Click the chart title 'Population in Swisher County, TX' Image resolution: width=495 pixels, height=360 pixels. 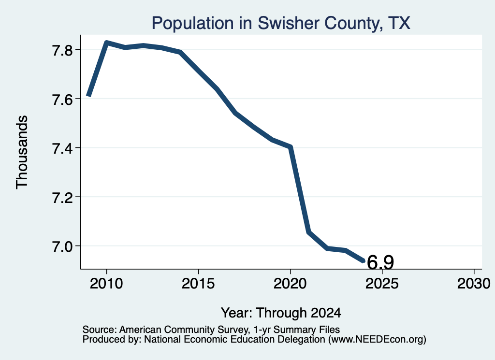[x=281, y=23]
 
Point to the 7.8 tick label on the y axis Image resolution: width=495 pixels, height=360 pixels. [x=63, y=50]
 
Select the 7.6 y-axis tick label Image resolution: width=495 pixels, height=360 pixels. [x=63, y=99]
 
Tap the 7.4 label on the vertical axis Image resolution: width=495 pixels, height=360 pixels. [x=63, y=148]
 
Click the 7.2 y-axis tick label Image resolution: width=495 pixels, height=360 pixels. [x=63, y=197]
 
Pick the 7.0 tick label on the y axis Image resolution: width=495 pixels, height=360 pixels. [x=63, y=246]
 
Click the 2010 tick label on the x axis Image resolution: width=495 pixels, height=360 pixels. [x=106, y=283]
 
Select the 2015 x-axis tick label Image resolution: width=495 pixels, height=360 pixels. [x=198, y=283]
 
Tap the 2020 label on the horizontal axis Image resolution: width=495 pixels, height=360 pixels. [x=290, y=283]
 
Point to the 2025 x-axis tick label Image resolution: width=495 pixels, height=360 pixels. [x=382, y=283]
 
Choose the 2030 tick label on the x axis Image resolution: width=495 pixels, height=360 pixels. [x=474, y=283]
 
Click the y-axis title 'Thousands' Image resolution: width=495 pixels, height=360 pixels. [x=22, y=152]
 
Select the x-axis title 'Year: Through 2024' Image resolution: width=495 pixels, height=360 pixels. [x=281, y=313]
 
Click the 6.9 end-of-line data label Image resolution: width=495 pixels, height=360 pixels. [x=380, y=262]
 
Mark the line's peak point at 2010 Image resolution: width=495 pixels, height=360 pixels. [x=107, y=43]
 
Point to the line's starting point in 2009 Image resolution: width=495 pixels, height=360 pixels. [x=89, y=96]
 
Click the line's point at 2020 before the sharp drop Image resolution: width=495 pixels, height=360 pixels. [x=290, y=147]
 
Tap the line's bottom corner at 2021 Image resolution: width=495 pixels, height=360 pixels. [x=309, y=232]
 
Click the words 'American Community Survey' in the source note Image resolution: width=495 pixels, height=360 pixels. [x=184, y=330]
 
